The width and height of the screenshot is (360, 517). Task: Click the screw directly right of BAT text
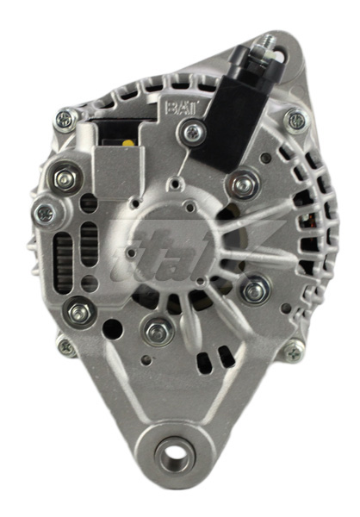tap(194, 132)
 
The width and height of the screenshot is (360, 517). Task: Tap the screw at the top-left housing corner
tap(65, 118)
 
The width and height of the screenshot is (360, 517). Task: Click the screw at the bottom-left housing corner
tap(65, 346)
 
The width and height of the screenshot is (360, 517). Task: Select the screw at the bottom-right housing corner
tap(295, 349)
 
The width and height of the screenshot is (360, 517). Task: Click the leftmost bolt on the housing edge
tap(43, 211)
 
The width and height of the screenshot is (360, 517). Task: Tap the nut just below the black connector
tap(245, 184)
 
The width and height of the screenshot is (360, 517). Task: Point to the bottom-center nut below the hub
tap(157, 329)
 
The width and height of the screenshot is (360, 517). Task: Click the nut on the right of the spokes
tap(256, 290)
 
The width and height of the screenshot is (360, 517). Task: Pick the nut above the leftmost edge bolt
tap(65, 179)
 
